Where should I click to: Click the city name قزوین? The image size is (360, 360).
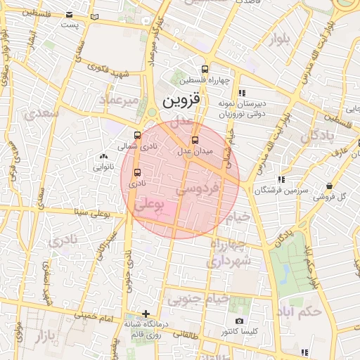(x=181, y=101)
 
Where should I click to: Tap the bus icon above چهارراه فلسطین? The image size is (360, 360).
(x=205, y=70)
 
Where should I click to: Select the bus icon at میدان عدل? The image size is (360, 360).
(x=195, y=139)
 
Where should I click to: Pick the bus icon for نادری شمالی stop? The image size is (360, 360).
(x=136, y=136)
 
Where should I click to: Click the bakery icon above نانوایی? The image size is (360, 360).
(x=104, y=157)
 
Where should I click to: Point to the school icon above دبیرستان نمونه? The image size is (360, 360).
(x=243, y=93)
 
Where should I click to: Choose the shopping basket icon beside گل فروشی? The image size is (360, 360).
(x=329, y=186)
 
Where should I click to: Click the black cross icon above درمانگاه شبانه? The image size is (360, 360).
(x=146, y=314)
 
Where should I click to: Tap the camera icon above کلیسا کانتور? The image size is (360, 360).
(x=238, y=321)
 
